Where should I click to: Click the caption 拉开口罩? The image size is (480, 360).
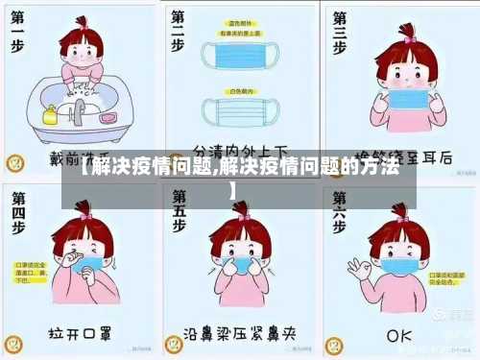coord(82,335)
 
